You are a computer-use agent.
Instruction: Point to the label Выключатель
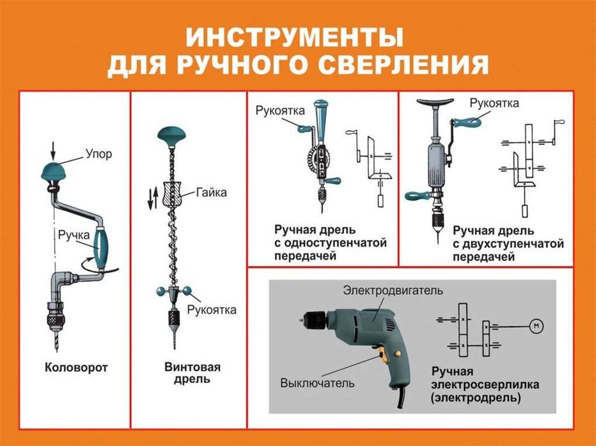pos(317,384)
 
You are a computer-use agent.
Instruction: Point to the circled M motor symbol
pos(535,326)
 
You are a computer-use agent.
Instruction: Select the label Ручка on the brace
pos(73,235)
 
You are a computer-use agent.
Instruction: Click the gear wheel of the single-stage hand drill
pos(319,158)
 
